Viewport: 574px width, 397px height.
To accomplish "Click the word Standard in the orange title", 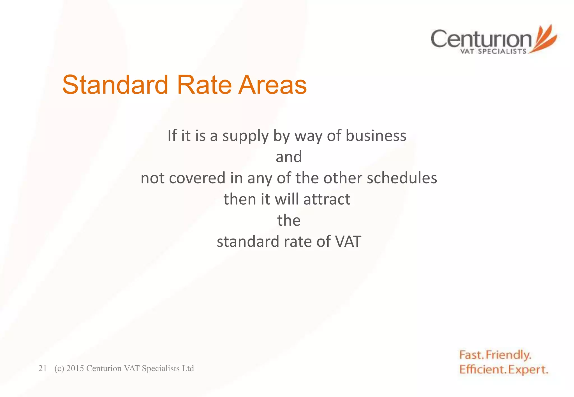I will (x=115, y=85).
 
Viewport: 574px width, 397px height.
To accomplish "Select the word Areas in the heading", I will (x=272, y=85).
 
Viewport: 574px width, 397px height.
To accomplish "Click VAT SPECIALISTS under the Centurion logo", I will (x=493, y=51).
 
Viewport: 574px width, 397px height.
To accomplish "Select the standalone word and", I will (x=289, y=157).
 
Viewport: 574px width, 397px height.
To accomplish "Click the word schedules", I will (x=402, y=178).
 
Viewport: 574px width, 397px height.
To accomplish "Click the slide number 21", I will (x=42, y=368).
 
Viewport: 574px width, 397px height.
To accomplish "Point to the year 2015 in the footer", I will (x=75, y=368).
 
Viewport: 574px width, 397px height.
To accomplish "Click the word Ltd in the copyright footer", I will (x=188, y=368).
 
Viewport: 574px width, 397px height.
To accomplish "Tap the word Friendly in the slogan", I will (x=508, y=355).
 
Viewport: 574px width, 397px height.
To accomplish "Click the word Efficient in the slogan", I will (x=482, y=369).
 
